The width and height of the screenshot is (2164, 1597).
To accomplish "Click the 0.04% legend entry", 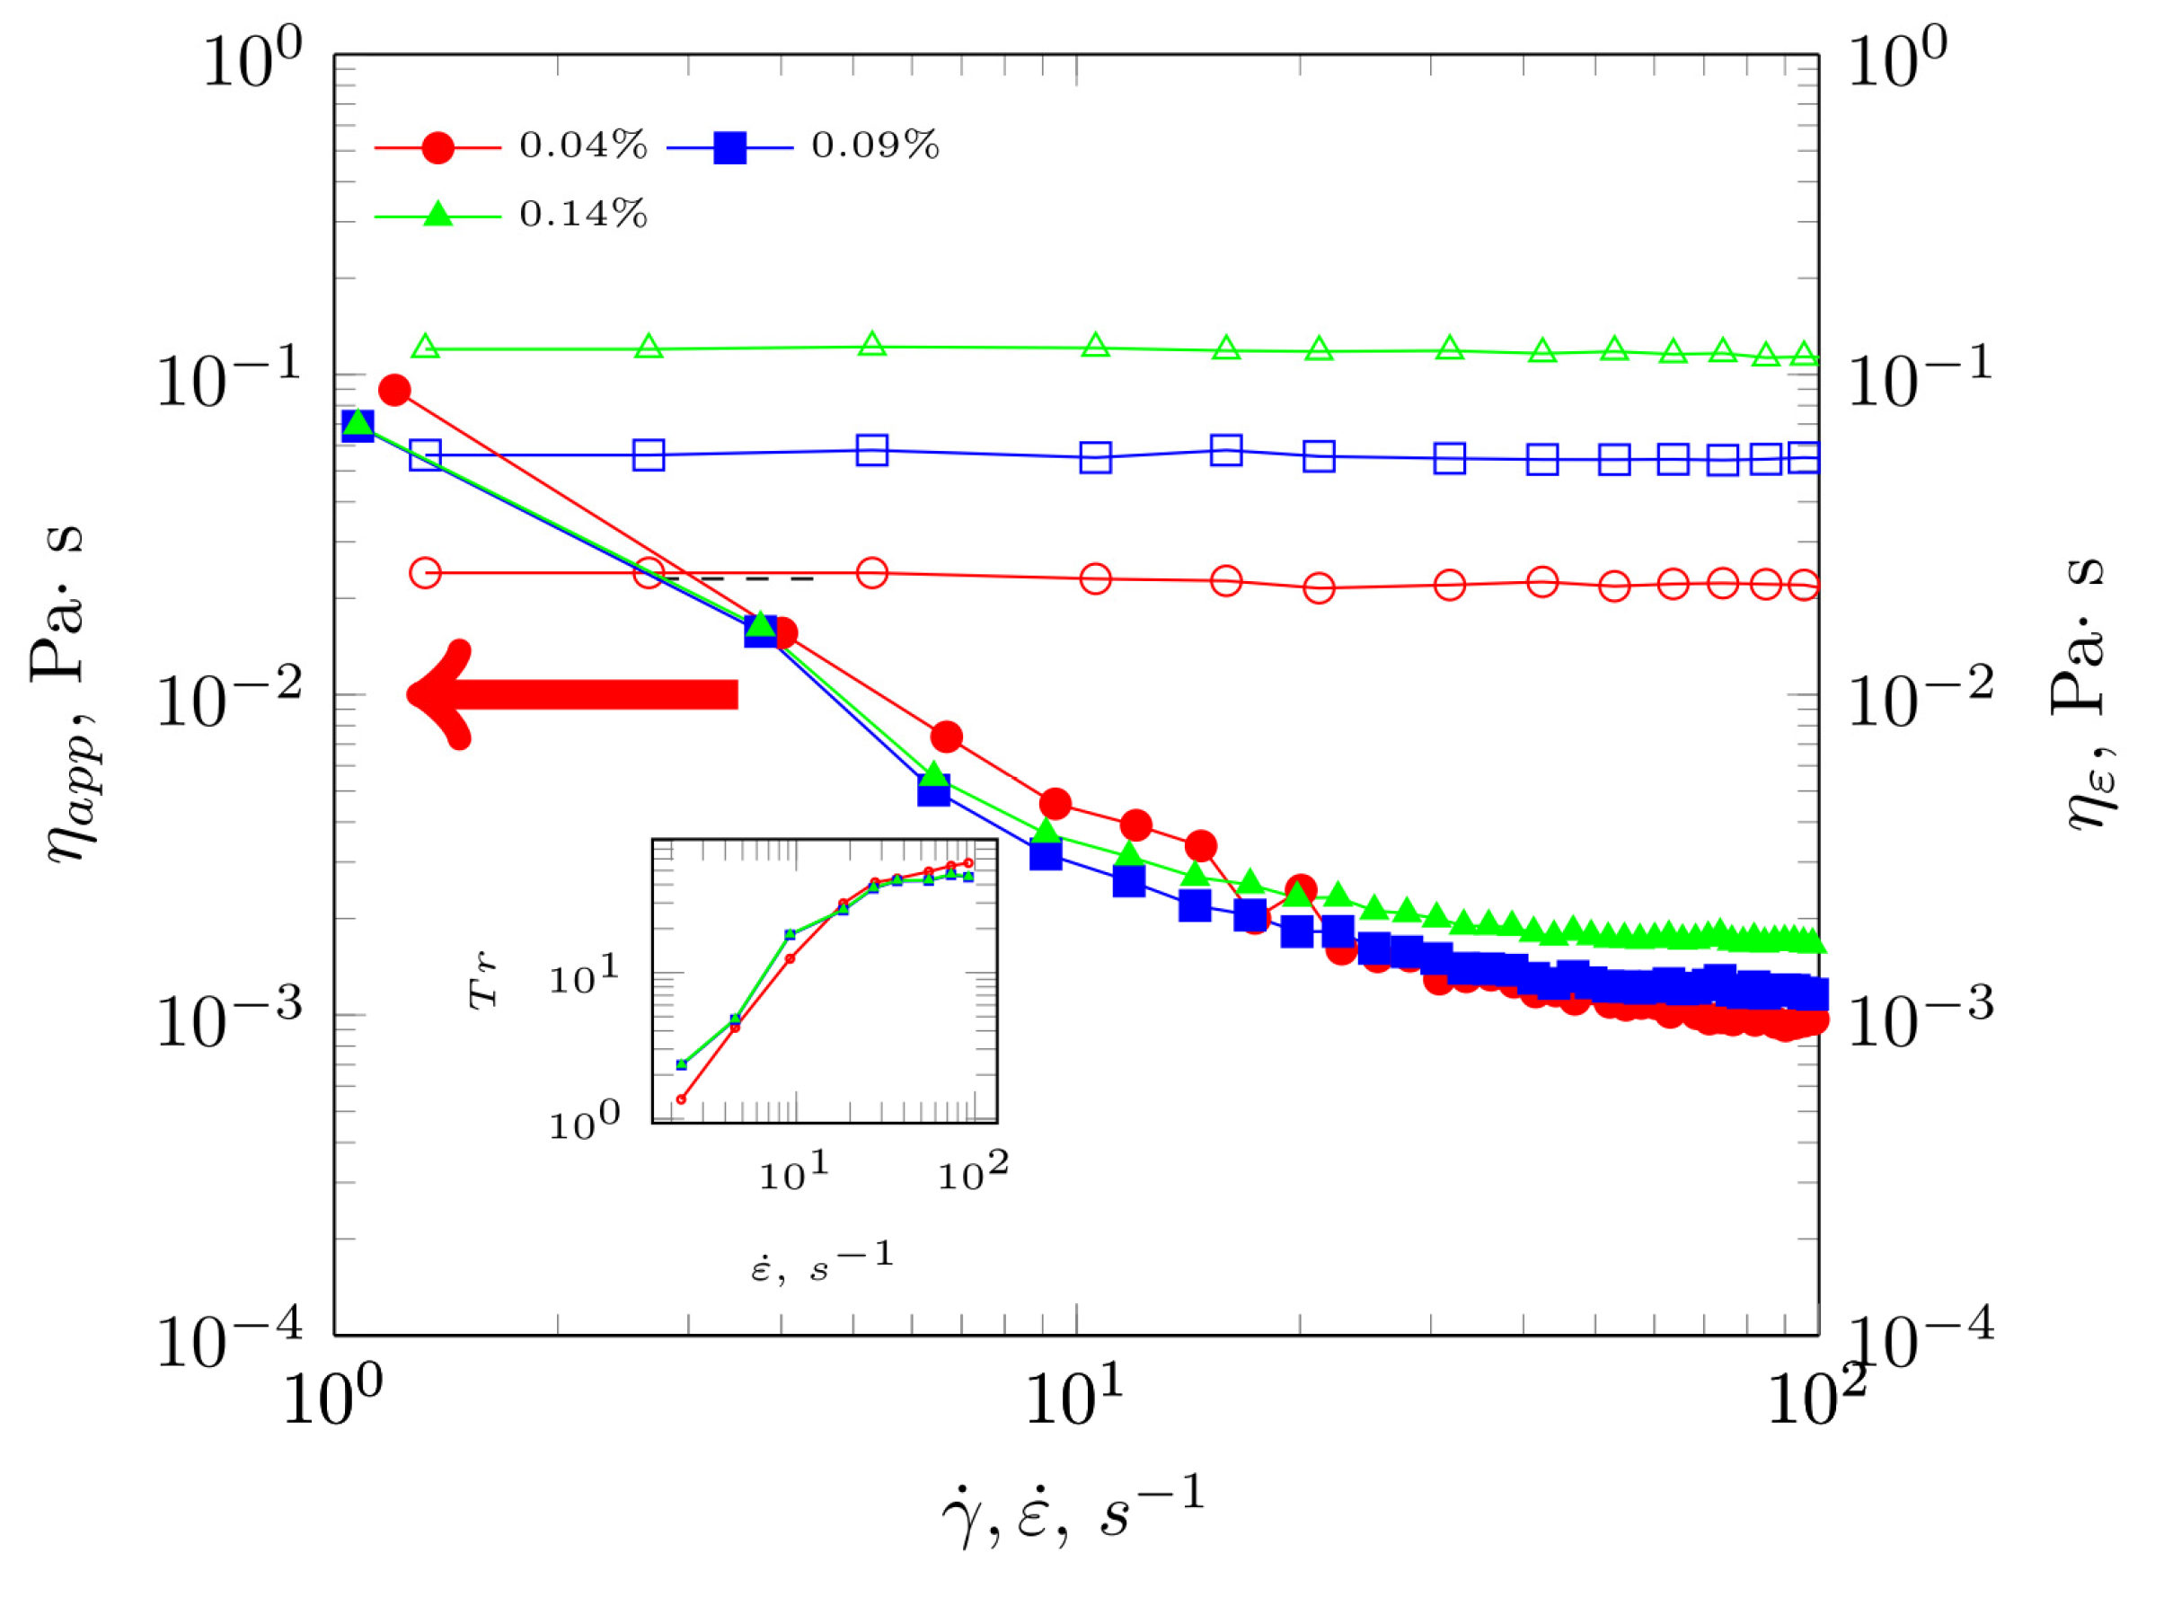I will [x=510, y=147].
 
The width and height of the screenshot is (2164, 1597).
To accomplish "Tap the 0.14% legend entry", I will [x=510, y=215].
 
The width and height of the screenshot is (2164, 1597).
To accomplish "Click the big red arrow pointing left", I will [x=570, y=695].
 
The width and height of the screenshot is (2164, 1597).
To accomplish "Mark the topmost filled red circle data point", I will [x=394, y=391].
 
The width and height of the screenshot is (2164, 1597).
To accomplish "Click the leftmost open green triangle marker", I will [x=427, y=347].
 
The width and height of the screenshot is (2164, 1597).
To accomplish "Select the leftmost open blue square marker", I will [x=427, y=455].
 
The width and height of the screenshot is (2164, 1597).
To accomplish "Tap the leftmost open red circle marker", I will [x=427, y=573].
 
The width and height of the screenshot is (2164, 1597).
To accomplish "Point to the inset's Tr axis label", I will [x=483, y=980].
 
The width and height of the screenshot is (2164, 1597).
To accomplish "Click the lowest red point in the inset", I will [x=682, y=1099].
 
